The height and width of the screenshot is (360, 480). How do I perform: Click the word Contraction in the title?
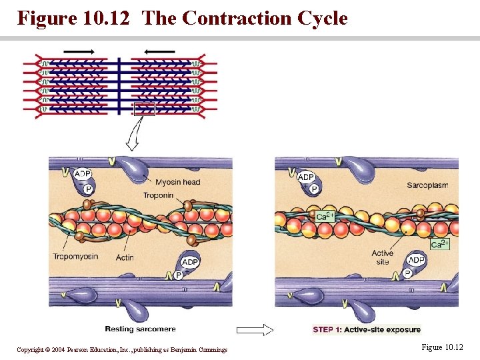click(x=232, y=18)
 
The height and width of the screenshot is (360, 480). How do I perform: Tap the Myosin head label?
click(x=178, y=182)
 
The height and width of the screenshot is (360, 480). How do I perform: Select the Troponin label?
click(x=158, y=195)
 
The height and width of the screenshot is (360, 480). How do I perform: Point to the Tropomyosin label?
click(x=75, y=256)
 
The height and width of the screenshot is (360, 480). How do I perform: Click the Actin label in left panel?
click(x=124, y=257)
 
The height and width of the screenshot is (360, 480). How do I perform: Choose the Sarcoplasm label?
click(x=427, y=185)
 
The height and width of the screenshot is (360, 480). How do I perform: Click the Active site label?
click(x=382, y=257)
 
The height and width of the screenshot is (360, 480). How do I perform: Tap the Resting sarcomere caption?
click(x=140, y=329)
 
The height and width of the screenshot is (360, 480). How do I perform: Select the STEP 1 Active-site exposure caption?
click(x=367, y=329)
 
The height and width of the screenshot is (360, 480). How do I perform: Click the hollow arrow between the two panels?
click(x=255, y=329)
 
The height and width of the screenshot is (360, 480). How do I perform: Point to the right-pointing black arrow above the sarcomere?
click(x=79, y=51)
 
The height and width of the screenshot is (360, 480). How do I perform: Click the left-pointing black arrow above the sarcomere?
click(x=159, y=51)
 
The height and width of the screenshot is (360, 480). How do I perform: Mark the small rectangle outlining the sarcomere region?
click(x=145, y=109)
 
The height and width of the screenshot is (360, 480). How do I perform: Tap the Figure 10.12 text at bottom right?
click(x=441, y=347)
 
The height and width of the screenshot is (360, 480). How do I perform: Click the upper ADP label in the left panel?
click(x=82, y=175)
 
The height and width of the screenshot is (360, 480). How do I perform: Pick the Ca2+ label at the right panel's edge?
click(x=440, y=245)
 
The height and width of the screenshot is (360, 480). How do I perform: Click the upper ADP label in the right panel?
click(x=306, y=177)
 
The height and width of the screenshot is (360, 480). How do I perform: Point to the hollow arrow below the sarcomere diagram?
click(x=132, y=138)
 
